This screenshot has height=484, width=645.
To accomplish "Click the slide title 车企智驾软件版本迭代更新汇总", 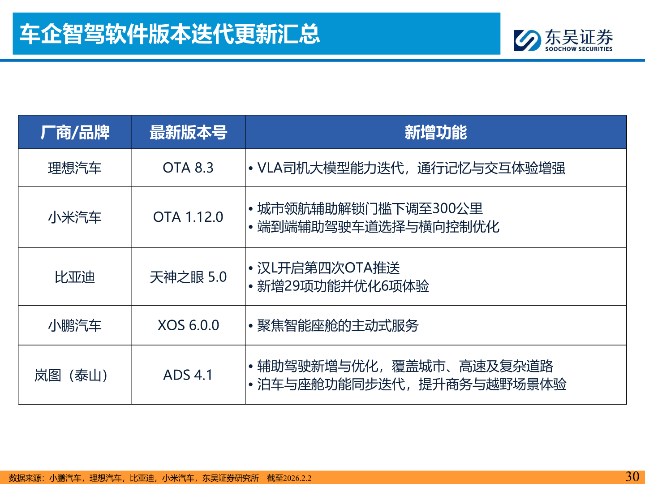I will (x=170, y=34).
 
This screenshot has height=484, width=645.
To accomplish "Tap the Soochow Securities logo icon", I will (x=527, y=40).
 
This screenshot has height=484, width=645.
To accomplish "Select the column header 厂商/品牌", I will (x=75, y=132).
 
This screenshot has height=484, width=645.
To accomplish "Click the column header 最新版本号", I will (x=188, y=132).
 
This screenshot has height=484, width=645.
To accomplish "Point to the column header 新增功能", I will (x=435, y=132).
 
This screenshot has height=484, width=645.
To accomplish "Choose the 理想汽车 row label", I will (x=75, y=168).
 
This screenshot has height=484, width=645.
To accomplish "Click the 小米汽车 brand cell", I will (x=75, y=217).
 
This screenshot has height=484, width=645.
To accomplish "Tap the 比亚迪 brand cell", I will (x=75, y=277).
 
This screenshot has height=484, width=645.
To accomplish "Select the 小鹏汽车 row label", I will (x=75, y=325).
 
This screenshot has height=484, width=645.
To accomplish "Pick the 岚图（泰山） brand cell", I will (x=72, y=375).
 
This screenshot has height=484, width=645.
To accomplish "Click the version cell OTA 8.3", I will (x=188, y=168).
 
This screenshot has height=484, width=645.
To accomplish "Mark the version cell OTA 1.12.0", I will (x=188, y=217).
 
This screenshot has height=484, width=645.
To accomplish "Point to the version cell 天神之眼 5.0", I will (x=188, y=277).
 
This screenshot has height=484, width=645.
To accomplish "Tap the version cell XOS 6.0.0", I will (x=188, y=325).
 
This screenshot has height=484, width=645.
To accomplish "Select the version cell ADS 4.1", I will (x=188, y=375).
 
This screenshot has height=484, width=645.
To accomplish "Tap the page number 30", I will (x=632, y=476).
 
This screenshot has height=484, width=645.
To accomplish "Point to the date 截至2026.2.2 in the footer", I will (x=289, y=478).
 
